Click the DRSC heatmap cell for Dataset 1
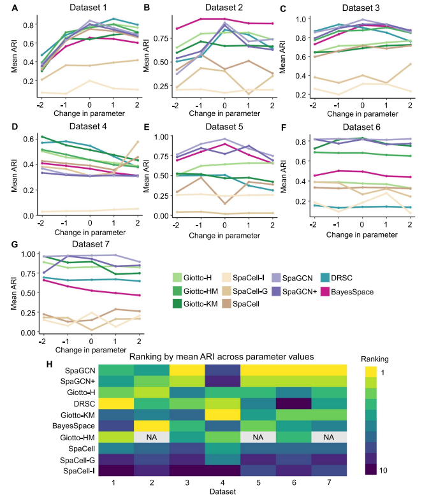(x=116, y=403)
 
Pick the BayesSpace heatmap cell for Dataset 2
(x=151, y=425)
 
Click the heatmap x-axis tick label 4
(x=222, y=482)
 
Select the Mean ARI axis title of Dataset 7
(x=13, y=292)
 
